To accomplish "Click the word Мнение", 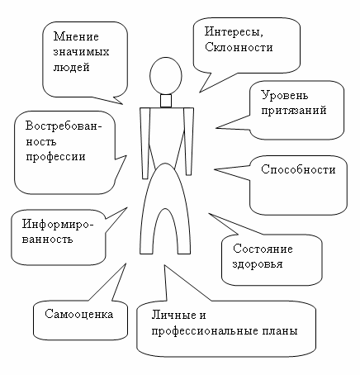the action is (76, 36).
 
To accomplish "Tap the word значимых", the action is (81, 52).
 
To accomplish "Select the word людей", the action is (71, 68).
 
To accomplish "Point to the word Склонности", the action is (239, 47).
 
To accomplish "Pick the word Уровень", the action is (285, 95).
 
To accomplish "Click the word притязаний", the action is (294, 111).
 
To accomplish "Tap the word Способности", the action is (298, 169).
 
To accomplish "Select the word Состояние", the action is (263, 249).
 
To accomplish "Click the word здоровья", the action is (258, 264).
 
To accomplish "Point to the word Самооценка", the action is (79, 314).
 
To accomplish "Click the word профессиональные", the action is (205, 331).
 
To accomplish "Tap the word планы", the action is (280, 330).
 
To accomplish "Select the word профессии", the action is (55, 157).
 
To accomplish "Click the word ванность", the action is (47, 240).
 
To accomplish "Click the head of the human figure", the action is (166, 76).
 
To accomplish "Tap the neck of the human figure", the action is (166, 101).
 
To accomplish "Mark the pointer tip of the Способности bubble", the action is (215, 170).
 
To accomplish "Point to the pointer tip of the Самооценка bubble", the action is (126, 263).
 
